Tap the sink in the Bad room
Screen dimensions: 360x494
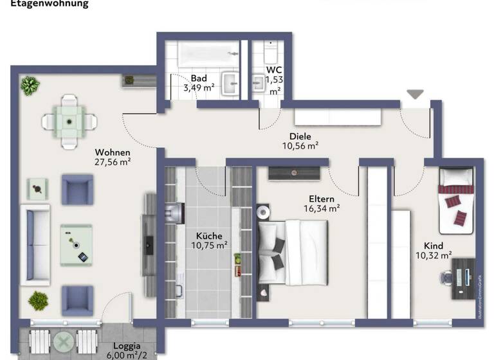coord(230,82)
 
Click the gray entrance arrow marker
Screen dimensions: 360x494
coord(415,94)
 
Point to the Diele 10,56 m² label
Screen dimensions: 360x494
coord(300,141)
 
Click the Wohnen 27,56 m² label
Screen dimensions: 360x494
coord(113,157)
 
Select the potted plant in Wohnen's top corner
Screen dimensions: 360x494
coord(30,85)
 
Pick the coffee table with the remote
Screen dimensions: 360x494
coord(77,245)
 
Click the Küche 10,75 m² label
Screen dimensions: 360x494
coord(209,240)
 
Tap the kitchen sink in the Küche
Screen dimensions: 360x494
coord(173,213)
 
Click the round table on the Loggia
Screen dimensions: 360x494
coord(64,341)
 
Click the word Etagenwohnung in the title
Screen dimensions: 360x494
coord(49,4)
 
